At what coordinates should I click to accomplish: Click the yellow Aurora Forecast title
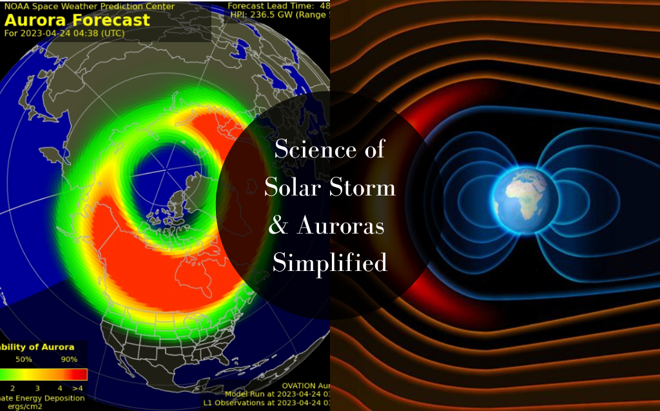pyautogui.click(x=77, y=19)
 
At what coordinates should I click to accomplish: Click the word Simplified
pyautogui.click(x=329, y=263)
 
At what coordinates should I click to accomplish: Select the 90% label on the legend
pyautogui.click(x=69, y=359)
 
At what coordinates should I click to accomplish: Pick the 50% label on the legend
pyautogui.click(x=24, y=359)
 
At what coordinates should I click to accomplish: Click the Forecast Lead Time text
pyautogui.click(x=277, y=5)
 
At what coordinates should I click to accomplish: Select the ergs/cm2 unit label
pyautogui.click(x=19, y=406)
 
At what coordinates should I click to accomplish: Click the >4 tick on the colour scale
pyautogui.click(x=77, y=388)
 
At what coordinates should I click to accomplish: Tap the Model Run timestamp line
pyautogui.click(x=277, y=394)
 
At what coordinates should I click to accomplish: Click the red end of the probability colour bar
pyautogui.click(x=77, y=374)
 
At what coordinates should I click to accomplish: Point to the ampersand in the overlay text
pyautogui.click(x=276, y=226)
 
